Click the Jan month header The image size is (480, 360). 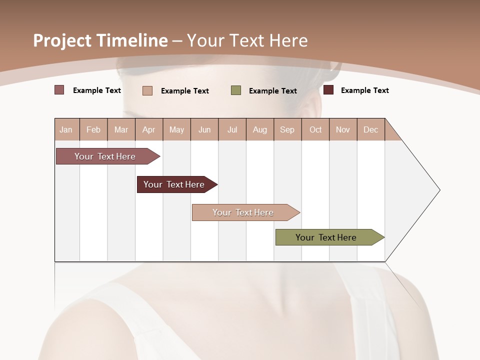point(66,129)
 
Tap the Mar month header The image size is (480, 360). point(121,129)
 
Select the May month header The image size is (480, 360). point(176,129)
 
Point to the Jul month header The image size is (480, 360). point(232,129)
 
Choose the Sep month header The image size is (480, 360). point(287,129)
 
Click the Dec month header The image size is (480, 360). point(370,129)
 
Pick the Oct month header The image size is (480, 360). point(315,129)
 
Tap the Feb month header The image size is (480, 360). point(93,129)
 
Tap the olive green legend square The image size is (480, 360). point(236,90)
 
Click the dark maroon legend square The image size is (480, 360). point(328,90)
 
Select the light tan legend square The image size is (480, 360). point(147,90)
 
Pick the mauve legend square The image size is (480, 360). point(59,90)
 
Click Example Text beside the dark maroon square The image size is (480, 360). point(364,90)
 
